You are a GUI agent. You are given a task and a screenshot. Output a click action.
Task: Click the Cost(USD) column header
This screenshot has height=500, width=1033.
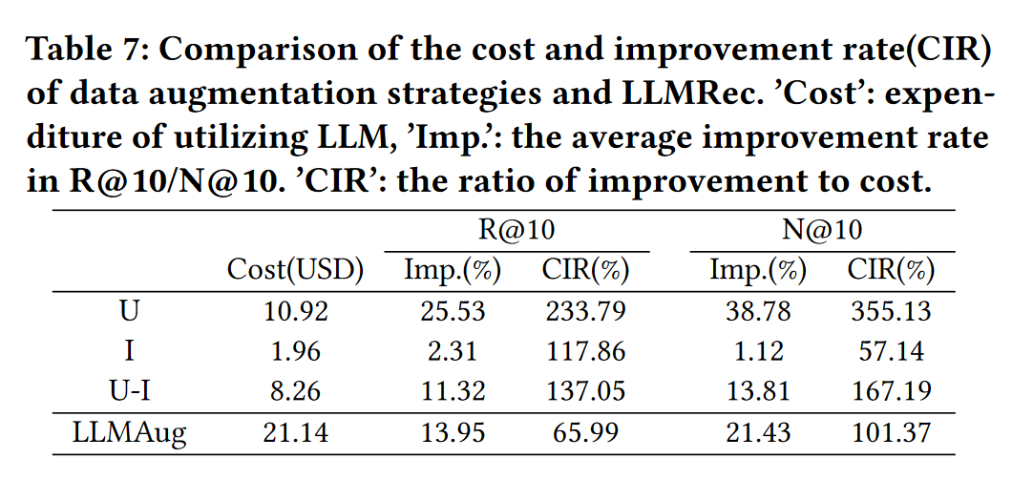pos(295,270)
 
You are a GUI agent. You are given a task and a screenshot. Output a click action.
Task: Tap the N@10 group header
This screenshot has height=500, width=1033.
pos(822,230)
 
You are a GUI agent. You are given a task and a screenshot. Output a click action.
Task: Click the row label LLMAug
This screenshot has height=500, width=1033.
pos(130,431)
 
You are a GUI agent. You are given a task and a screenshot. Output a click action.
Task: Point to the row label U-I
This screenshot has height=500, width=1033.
pos(130,391)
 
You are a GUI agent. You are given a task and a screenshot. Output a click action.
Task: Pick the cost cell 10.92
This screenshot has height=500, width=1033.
pos(295,311)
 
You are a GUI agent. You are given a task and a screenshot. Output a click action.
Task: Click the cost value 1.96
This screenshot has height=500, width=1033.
pos(295,351)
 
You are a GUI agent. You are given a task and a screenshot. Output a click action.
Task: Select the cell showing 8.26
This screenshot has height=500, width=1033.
pos(295,391)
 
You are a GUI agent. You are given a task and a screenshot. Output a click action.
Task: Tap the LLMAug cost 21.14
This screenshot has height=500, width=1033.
pos(295,431)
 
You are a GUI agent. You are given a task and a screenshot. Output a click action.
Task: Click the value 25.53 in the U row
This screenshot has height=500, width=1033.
pos(453,311)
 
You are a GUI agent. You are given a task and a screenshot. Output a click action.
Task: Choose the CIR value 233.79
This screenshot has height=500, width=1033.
pos(584,311)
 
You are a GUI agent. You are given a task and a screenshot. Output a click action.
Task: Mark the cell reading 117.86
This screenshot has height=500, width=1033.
pos(584,351)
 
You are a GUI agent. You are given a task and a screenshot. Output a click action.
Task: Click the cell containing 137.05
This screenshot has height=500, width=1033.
pos(584,391)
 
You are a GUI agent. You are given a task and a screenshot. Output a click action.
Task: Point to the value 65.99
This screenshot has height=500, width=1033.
pos(584,431)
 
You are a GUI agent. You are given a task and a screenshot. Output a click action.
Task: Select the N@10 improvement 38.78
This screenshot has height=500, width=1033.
pos(758,311)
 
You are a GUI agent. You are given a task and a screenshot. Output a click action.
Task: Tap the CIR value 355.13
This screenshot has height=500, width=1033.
pos(889,311)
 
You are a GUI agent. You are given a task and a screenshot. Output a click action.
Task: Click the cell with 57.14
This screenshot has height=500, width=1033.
pos(889,351)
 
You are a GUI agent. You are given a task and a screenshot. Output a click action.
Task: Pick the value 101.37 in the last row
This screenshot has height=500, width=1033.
pos(889,431)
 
